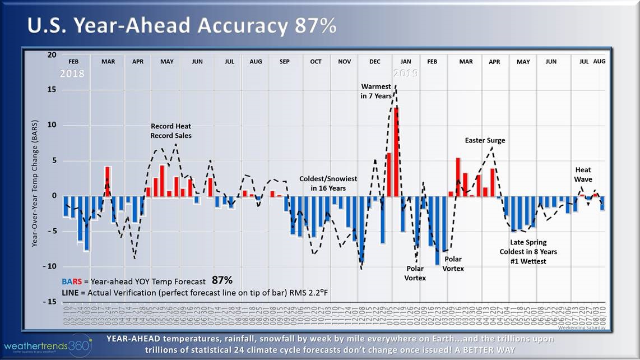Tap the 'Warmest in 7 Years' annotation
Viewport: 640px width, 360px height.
pos(376,91)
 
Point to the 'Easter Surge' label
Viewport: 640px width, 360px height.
pos(485,140)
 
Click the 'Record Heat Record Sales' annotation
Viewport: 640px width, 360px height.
pos(170,131)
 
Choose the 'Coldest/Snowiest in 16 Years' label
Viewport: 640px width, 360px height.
pos(328,183)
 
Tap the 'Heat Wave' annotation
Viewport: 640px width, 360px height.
pos(583,174)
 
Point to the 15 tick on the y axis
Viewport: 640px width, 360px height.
pos(52,90)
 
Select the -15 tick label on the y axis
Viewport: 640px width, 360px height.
pos(50,302)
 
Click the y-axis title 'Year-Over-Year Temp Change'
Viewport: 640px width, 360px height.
pos(34,183)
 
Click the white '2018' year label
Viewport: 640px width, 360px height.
pos(73,73)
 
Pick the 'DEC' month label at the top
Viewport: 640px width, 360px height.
pos(375,62)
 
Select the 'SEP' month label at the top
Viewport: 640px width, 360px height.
pos(284,62)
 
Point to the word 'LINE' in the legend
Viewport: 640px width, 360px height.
pos(70,293)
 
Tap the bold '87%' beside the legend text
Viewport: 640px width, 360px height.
pos(222,280)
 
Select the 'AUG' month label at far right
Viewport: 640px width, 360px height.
pos(599,61)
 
